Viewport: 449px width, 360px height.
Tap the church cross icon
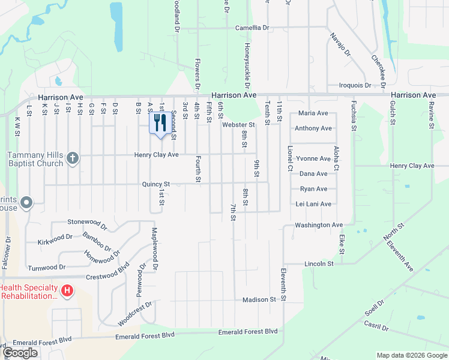[72, 158]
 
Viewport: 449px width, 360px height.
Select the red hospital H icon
[67, 291]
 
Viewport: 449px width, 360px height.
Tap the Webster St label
[239, 125]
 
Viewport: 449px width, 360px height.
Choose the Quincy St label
[156, 184]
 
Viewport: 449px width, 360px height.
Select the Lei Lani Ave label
[314, 204]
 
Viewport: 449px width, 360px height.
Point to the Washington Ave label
[318, 225]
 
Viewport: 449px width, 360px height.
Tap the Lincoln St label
[319, 263]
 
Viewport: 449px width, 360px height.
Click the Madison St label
[259, 299]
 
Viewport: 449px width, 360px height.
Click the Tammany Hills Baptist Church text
[35, 159]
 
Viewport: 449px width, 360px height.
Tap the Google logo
[20, 353]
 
